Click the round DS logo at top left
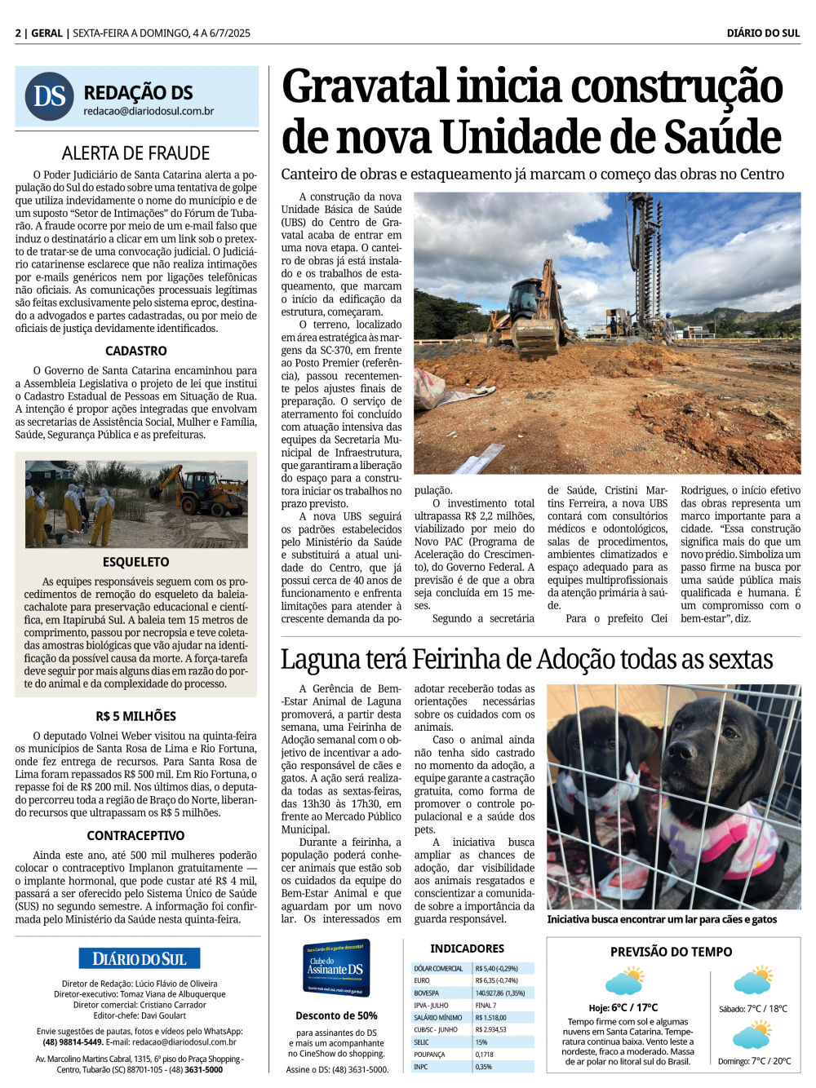[50, 96]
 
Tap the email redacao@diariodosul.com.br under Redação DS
[149, 111]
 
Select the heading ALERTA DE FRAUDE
[136, 153]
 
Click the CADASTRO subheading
[136, 351]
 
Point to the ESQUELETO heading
[136, 562]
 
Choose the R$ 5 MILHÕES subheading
[136, 716]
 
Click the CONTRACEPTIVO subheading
[136, 835]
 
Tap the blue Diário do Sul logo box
[140, 958]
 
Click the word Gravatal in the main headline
[366, 86]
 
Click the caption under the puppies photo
[662, 919]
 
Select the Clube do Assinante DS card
[336, 967]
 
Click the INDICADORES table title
[467, 949]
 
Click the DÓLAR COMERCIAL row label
[439, 968]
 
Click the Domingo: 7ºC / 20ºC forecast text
[754, 1061]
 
